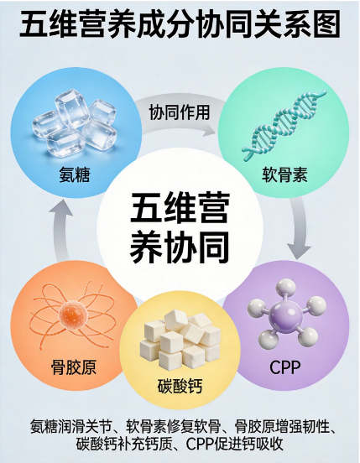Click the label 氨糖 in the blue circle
(75, 174)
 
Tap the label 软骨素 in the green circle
(284, 174)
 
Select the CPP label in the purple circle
(285, 367)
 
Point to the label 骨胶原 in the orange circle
(74, 367)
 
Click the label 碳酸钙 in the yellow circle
(180, 386)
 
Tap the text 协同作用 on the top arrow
(180, 112)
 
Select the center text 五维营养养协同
(180, 227)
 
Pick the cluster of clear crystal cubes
(74, 124)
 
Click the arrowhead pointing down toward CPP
(299, 252)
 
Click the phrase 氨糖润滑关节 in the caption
(70, 426)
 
